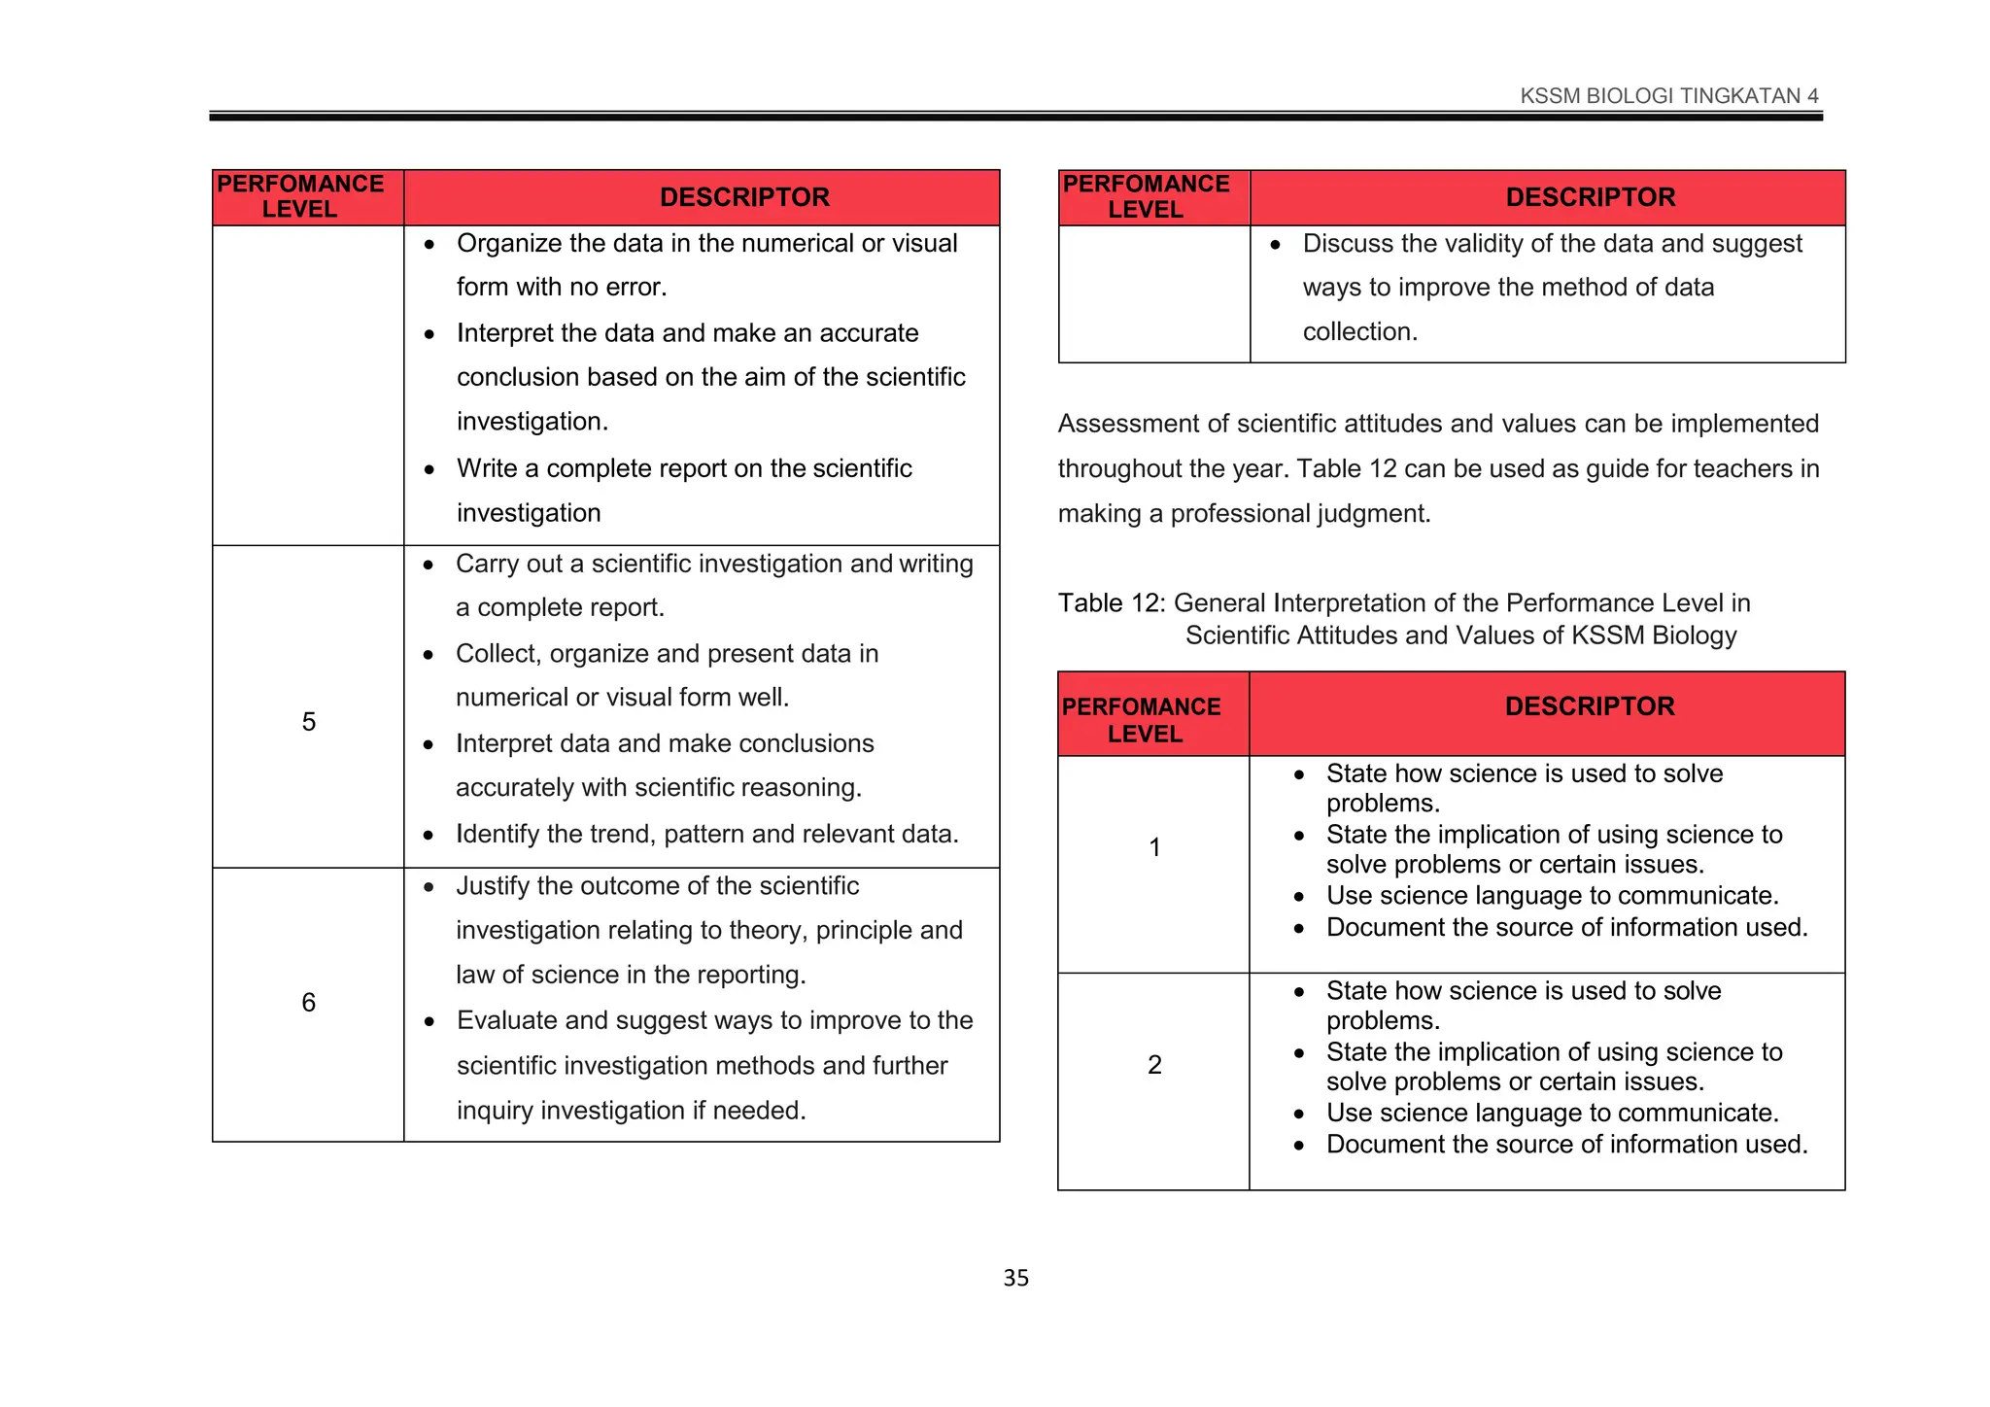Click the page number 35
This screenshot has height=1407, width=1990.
click(x=1015, y=1278)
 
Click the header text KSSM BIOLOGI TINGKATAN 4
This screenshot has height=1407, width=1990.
click(x=1668, y=95)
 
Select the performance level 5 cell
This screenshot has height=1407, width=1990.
click(x=308, y=722)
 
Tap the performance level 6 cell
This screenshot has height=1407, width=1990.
click(x=308, y=1002)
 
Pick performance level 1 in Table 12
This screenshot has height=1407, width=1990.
click(x=1154, y=847)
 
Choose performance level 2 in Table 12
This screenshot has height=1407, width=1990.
click(x=1154, y=1065)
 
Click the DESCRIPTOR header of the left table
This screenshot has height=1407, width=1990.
click(x=744, y=197)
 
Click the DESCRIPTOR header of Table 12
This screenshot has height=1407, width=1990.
click(x=1590, y=706)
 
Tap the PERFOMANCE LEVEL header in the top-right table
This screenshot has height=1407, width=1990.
click(x=1146, y=196)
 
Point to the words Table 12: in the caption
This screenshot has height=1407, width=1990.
click(x=1111, y=603)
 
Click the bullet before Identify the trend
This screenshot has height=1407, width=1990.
click(x=429, y=835)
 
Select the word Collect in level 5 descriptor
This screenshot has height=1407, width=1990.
click(x=495, y=654)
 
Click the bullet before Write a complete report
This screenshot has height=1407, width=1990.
click(x=429, y=469)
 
